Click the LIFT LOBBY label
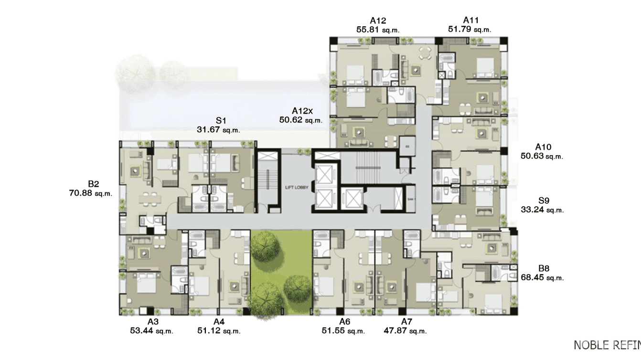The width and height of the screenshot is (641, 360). (297, 188)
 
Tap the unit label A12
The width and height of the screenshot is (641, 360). (377, 21)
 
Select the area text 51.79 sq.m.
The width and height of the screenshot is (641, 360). (469, 29)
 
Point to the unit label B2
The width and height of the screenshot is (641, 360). (93, 184)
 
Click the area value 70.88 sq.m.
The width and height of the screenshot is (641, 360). (90, 193)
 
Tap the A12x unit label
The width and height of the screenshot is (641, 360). (302, 111)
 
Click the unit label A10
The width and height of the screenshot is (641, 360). (543, 147)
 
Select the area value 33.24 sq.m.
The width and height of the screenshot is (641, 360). (542, 210)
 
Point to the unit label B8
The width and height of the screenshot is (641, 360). (544, 268)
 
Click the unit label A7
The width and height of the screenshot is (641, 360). (406, 321)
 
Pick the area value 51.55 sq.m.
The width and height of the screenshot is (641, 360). (343, 330)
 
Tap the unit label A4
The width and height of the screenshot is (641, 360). (219, 321)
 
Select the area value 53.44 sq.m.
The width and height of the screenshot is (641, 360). (151, 330)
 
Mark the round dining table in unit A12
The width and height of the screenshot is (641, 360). (424, 52)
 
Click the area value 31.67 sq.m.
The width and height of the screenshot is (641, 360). (218, 129)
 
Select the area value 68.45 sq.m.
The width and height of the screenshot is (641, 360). (542, 277)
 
